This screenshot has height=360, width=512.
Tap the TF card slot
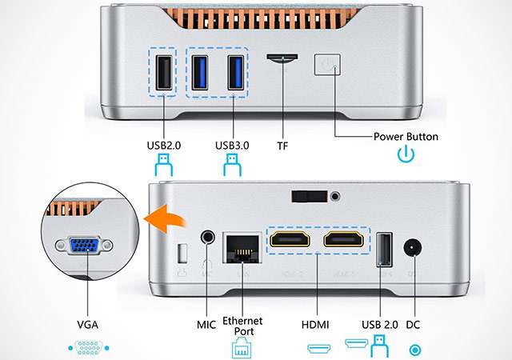coord(281,58)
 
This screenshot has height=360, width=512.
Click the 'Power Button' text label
coord(406,137)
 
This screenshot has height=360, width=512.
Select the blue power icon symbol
coord(406,154)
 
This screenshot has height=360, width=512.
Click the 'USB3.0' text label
coord(233,146)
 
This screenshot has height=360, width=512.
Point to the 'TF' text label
coord(282,146)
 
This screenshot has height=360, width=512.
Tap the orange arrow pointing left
coord(158,217)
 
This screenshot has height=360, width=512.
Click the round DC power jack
coord(414,249)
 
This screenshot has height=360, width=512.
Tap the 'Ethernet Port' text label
coord(242,325)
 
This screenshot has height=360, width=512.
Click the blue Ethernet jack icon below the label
coord(242,348)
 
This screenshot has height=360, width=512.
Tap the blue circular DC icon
coord(414,349)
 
